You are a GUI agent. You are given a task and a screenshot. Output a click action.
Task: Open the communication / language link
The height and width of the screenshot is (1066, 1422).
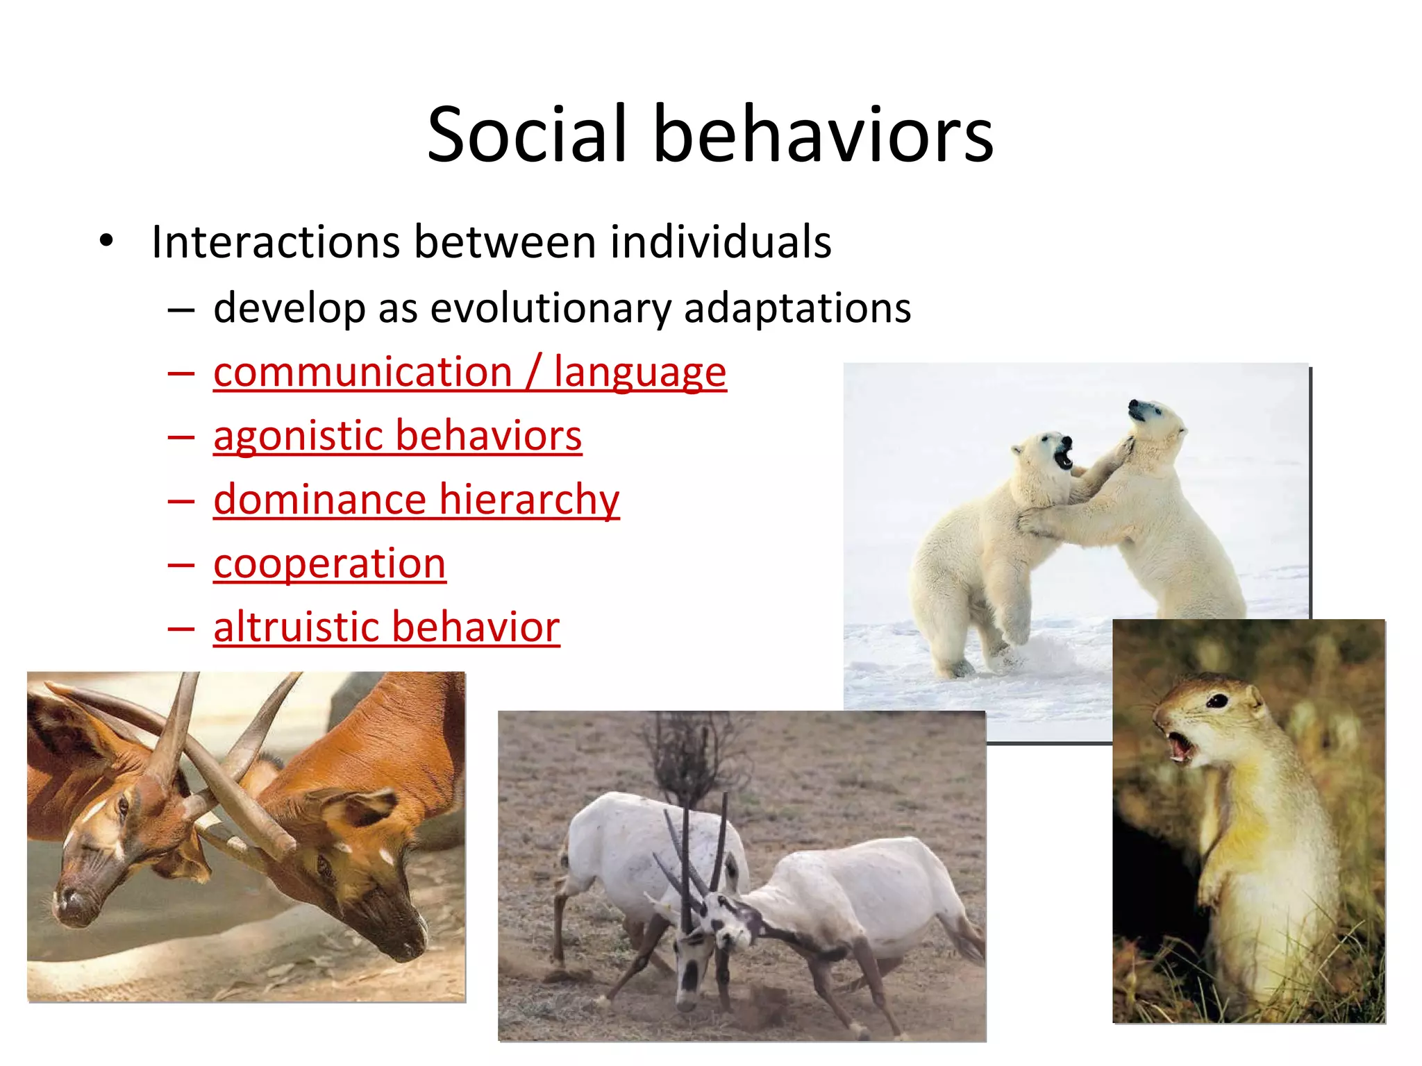[469, 372]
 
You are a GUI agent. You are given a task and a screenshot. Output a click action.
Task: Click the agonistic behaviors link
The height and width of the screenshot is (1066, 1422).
[397, 436]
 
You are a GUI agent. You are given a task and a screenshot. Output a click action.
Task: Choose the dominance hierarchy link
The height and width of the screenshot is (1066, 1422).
[416, 500]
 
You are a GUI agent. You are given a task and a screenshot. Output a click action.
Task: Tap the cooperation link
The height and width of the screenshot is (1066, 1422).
[329, 563]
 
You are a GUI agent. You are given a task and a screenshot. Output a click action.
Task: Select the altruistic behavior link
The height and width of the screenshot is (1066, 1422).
[386, 627]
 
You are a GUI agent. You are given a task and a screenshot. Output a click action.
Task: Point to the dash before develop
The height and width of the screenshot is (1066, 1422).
[181, 309]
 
